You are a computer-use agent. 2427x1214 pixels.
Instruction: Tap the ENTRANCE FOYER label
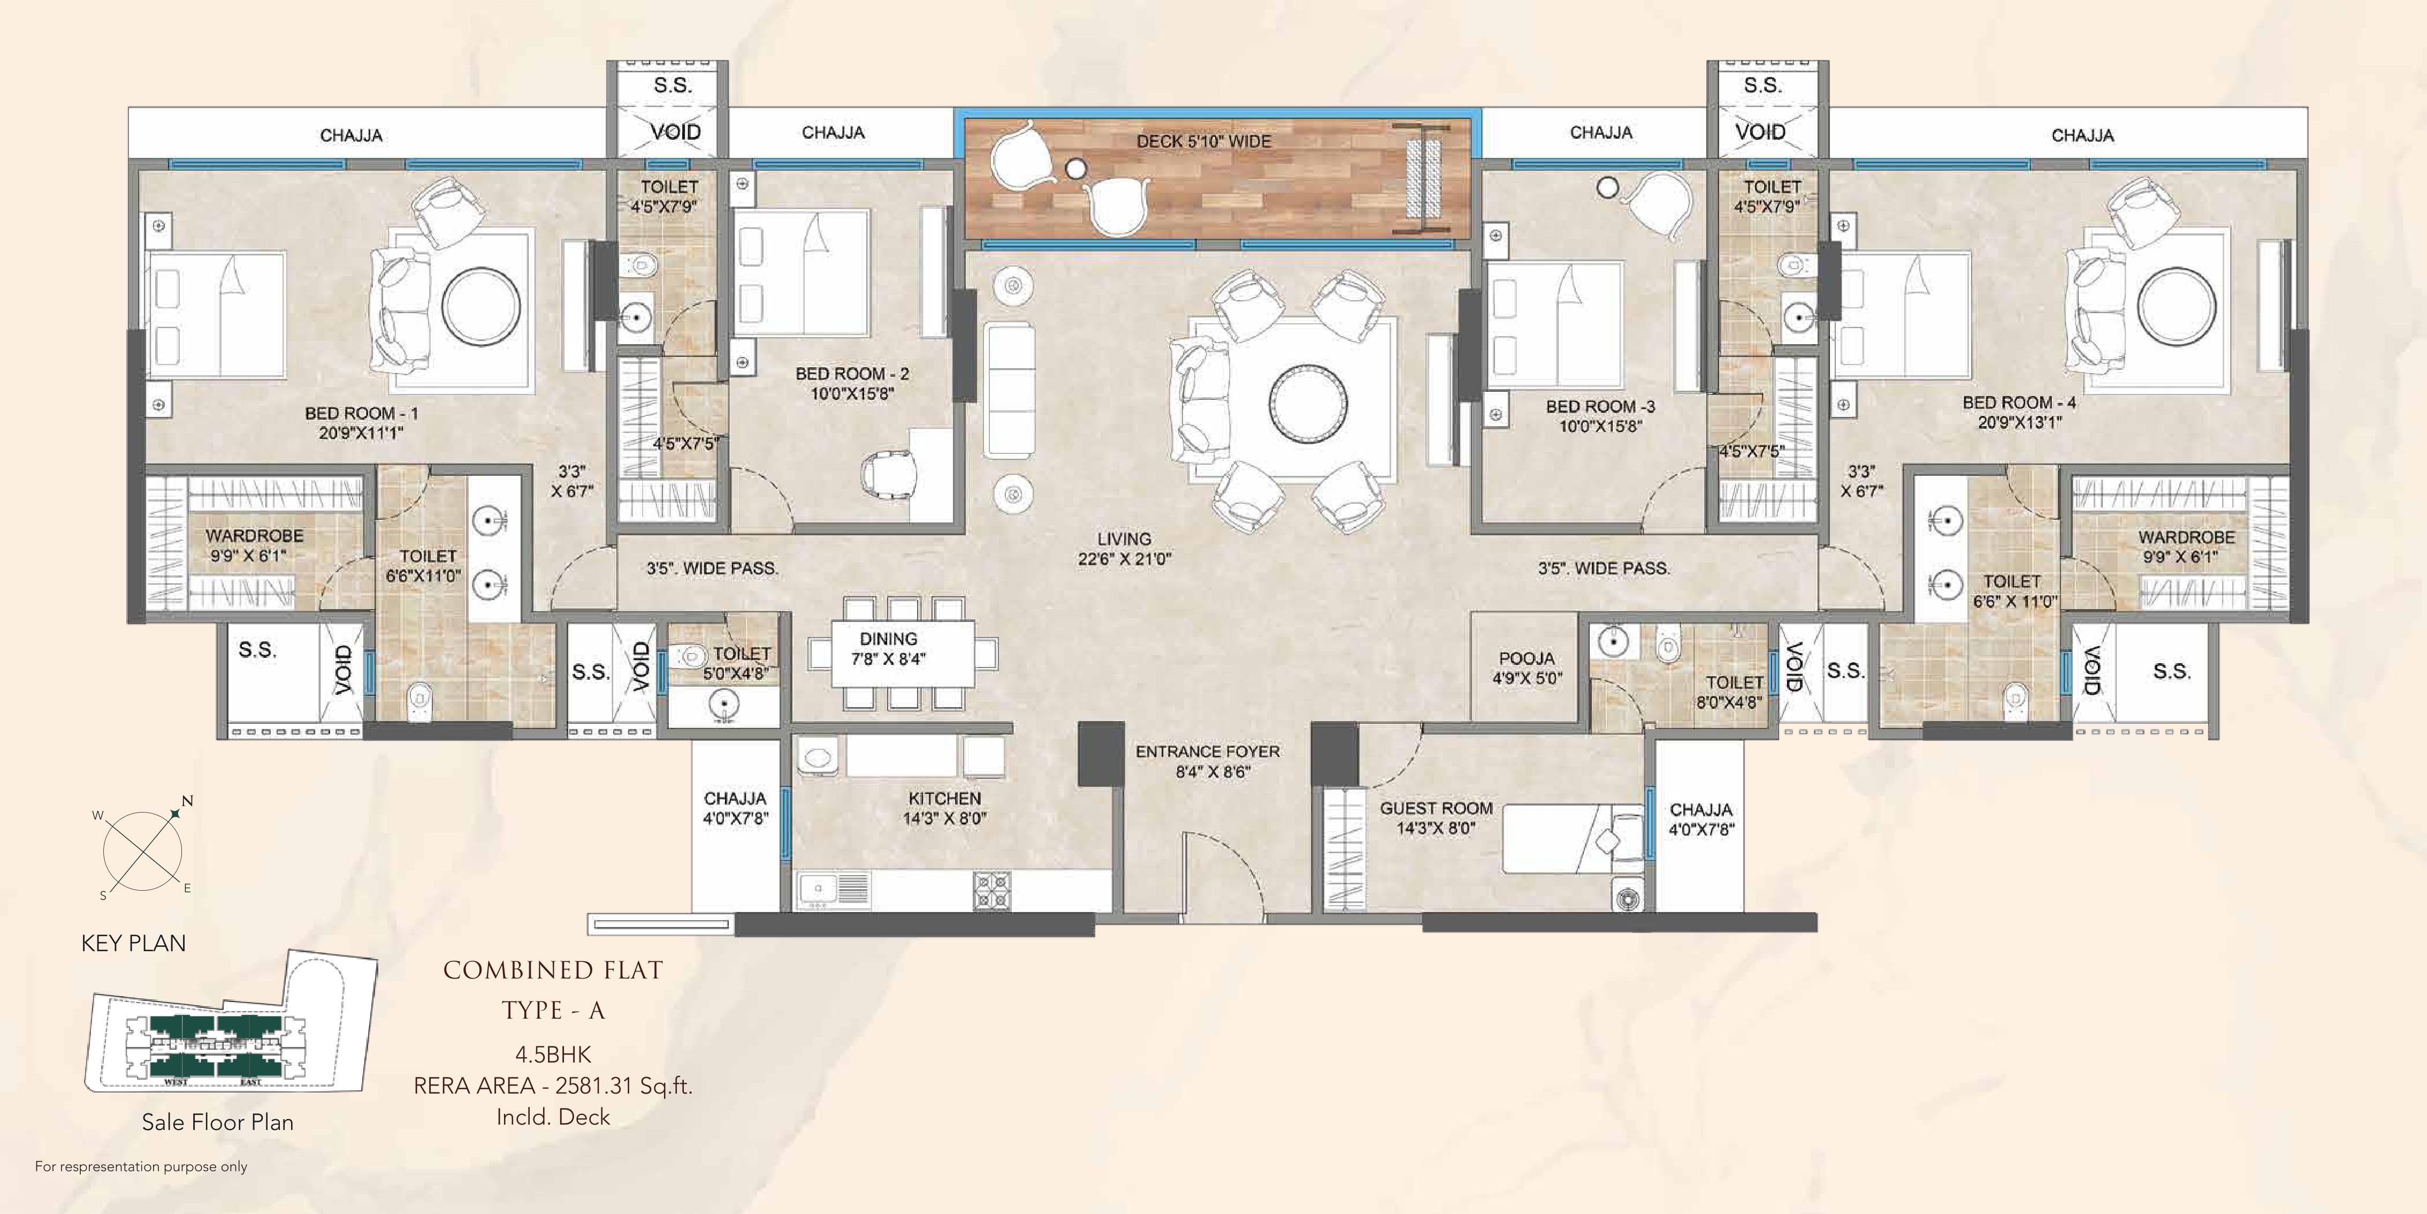1207,751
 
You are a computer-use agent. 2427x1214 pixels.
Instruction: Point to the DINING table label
888,639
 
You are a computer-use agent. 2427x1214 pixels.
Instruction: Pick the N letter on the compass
187,801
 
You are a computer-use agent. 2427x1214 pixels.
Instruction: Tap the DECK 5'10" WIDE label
1203,141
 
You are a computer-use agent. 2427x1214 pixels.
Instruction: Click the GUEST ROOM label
1436,808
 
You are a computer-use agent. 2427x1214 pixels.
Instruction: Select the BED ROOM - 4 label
2019,403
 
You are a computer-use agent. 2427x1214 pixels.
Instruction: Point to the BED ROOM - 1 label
361,413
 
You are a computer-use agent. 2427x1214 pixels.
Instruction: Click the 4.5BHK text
553,1054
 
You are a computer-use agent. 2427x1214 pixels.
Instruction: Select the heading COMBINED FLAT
553,971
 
